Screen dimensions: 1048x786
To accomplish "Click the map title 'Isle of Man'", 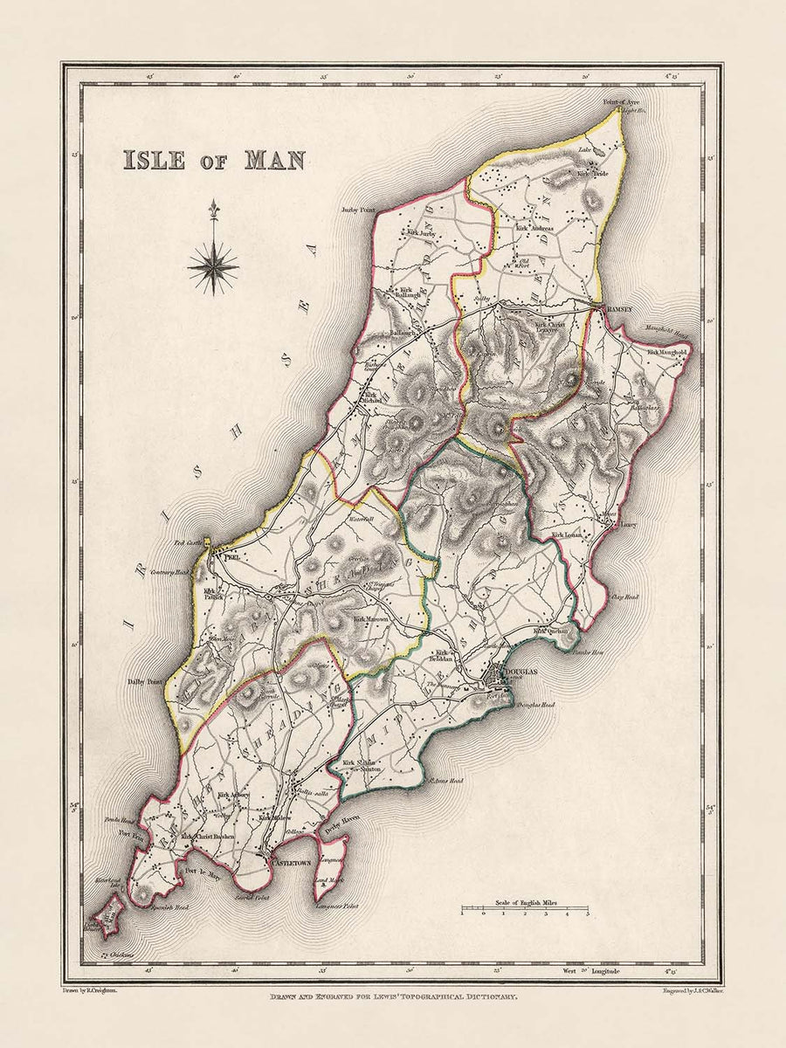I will click(x=213, y=160).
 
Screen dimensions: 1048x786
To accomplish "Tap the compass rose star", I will click(x=213, y=265).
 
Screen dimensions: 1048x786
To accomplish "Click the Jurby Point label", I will click(x=358, y=210).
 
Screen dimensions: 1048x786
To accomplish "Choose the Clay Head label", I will click(x=626, y=597).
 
